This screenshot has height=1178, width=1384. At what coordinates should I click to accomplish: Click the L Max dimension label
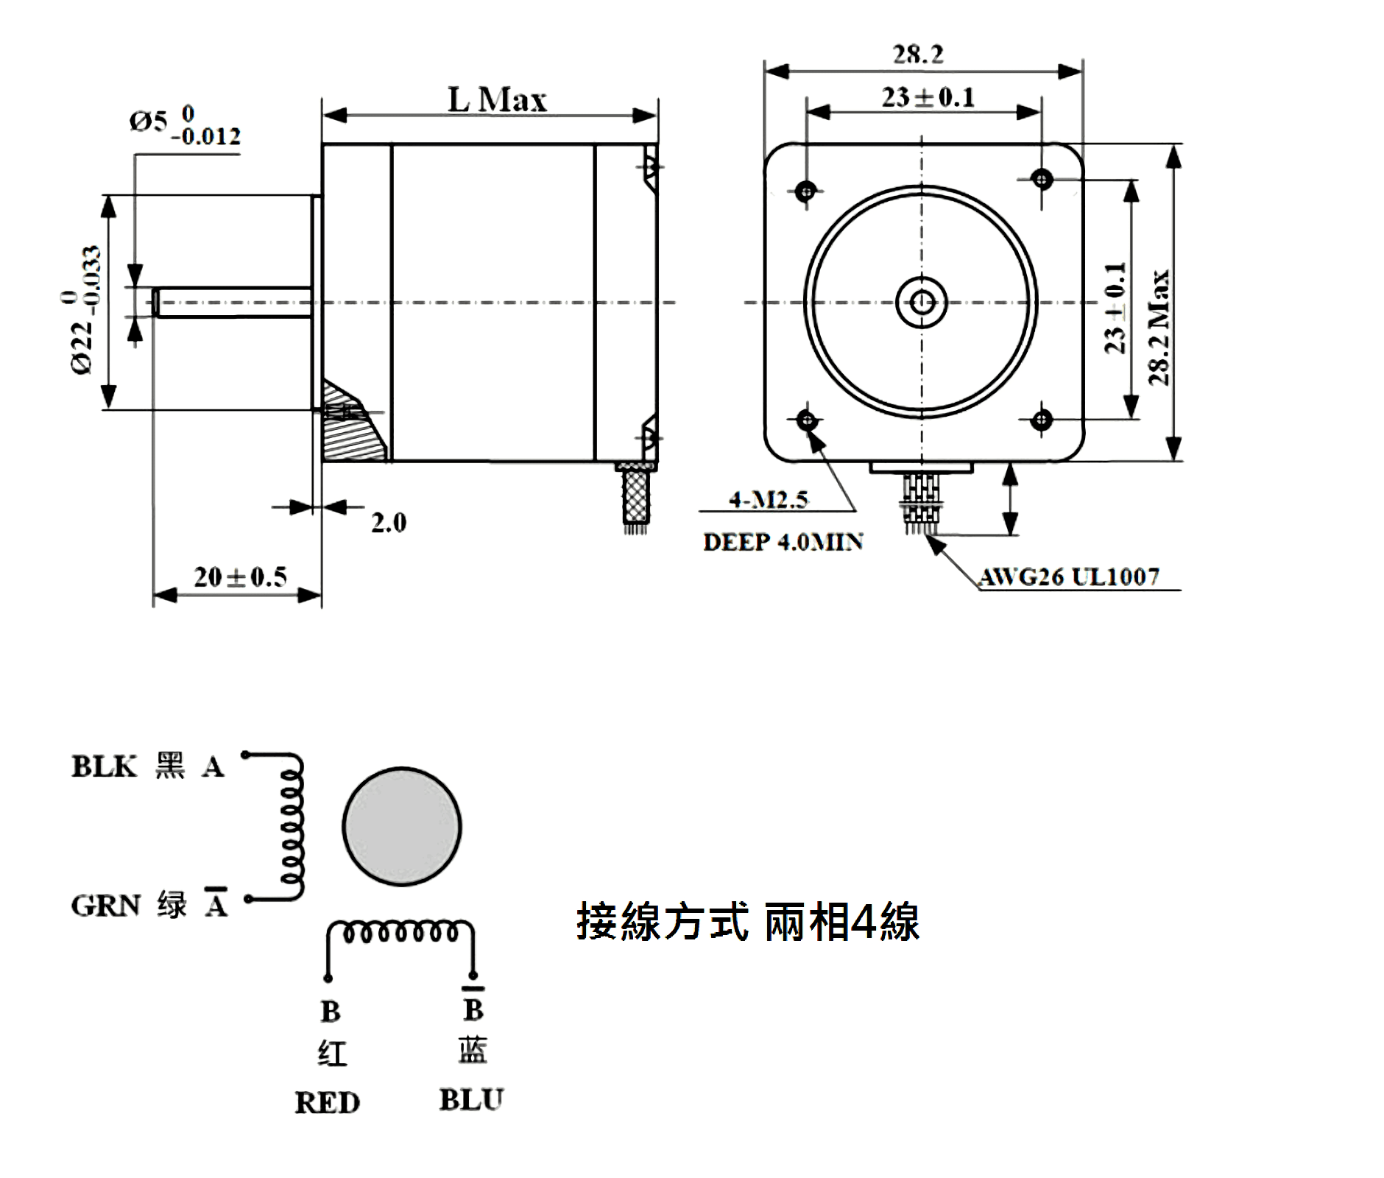pyautogui.click(x=497, y=100)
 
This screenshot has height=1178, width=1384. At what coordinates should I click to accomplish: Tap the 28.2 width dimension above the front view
pyautogui.click(x=918, y=54)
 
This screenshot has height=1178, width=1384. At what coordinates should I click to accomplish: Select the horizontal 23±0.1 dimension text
pyautogui.click(x=928, y=97)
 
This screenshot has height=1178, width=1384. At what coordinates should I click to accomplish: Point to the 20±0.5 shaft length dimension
pyautogui.click(x=240, y=576)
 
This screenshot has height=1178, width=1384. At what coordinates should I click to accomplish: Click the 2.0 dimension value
pyautogui.click(x=389, y=523)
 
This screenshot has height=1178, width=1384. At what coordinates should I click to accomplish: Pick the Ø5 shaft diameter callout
pyautogui.click(x=184, y=126)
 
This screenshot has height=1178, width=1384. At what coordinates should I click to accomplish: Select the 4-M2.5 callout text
pyautogui.click(x=769, y=500)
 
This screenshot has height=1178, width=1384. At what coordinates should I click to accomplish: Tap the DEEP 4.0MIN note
pyautogui.click(x=783, y=543)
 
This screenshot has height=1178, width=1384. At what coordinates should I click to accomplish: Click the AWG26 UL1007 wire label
pyautogui.click(x=1070, y=576)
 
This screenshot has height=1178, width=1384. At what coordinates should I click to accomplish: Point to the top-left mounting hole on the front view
pyautogui.click(x=807, y=191)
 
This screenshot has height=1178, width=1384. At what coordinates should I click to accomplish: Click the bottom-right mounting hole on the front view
pyautogui.click(x=1041, y=420)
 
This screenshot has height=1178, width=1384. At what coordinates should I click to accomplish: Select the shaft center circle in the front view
pyautogui.click(x=922, y=302)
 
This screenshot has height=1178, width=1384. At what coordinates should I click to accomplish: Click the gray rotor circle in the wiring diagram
pyautogui.click(x=402, y=826)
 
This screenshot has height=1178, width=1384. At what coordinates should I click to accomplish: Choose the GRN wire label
pyautogui.click(x=105, y=906)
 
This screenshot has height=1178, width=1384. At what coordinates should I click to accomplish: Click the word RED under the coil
pyautogui.click(x=327, y=1103)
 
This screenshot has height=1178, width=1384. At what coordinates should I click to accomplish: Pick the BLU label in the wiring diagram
pyautogui.click(x=471, y=1100)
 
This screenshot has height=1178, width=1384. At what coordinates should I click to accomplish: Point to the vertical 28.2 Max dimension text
pyautogui.click(x=1159, y=328)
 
